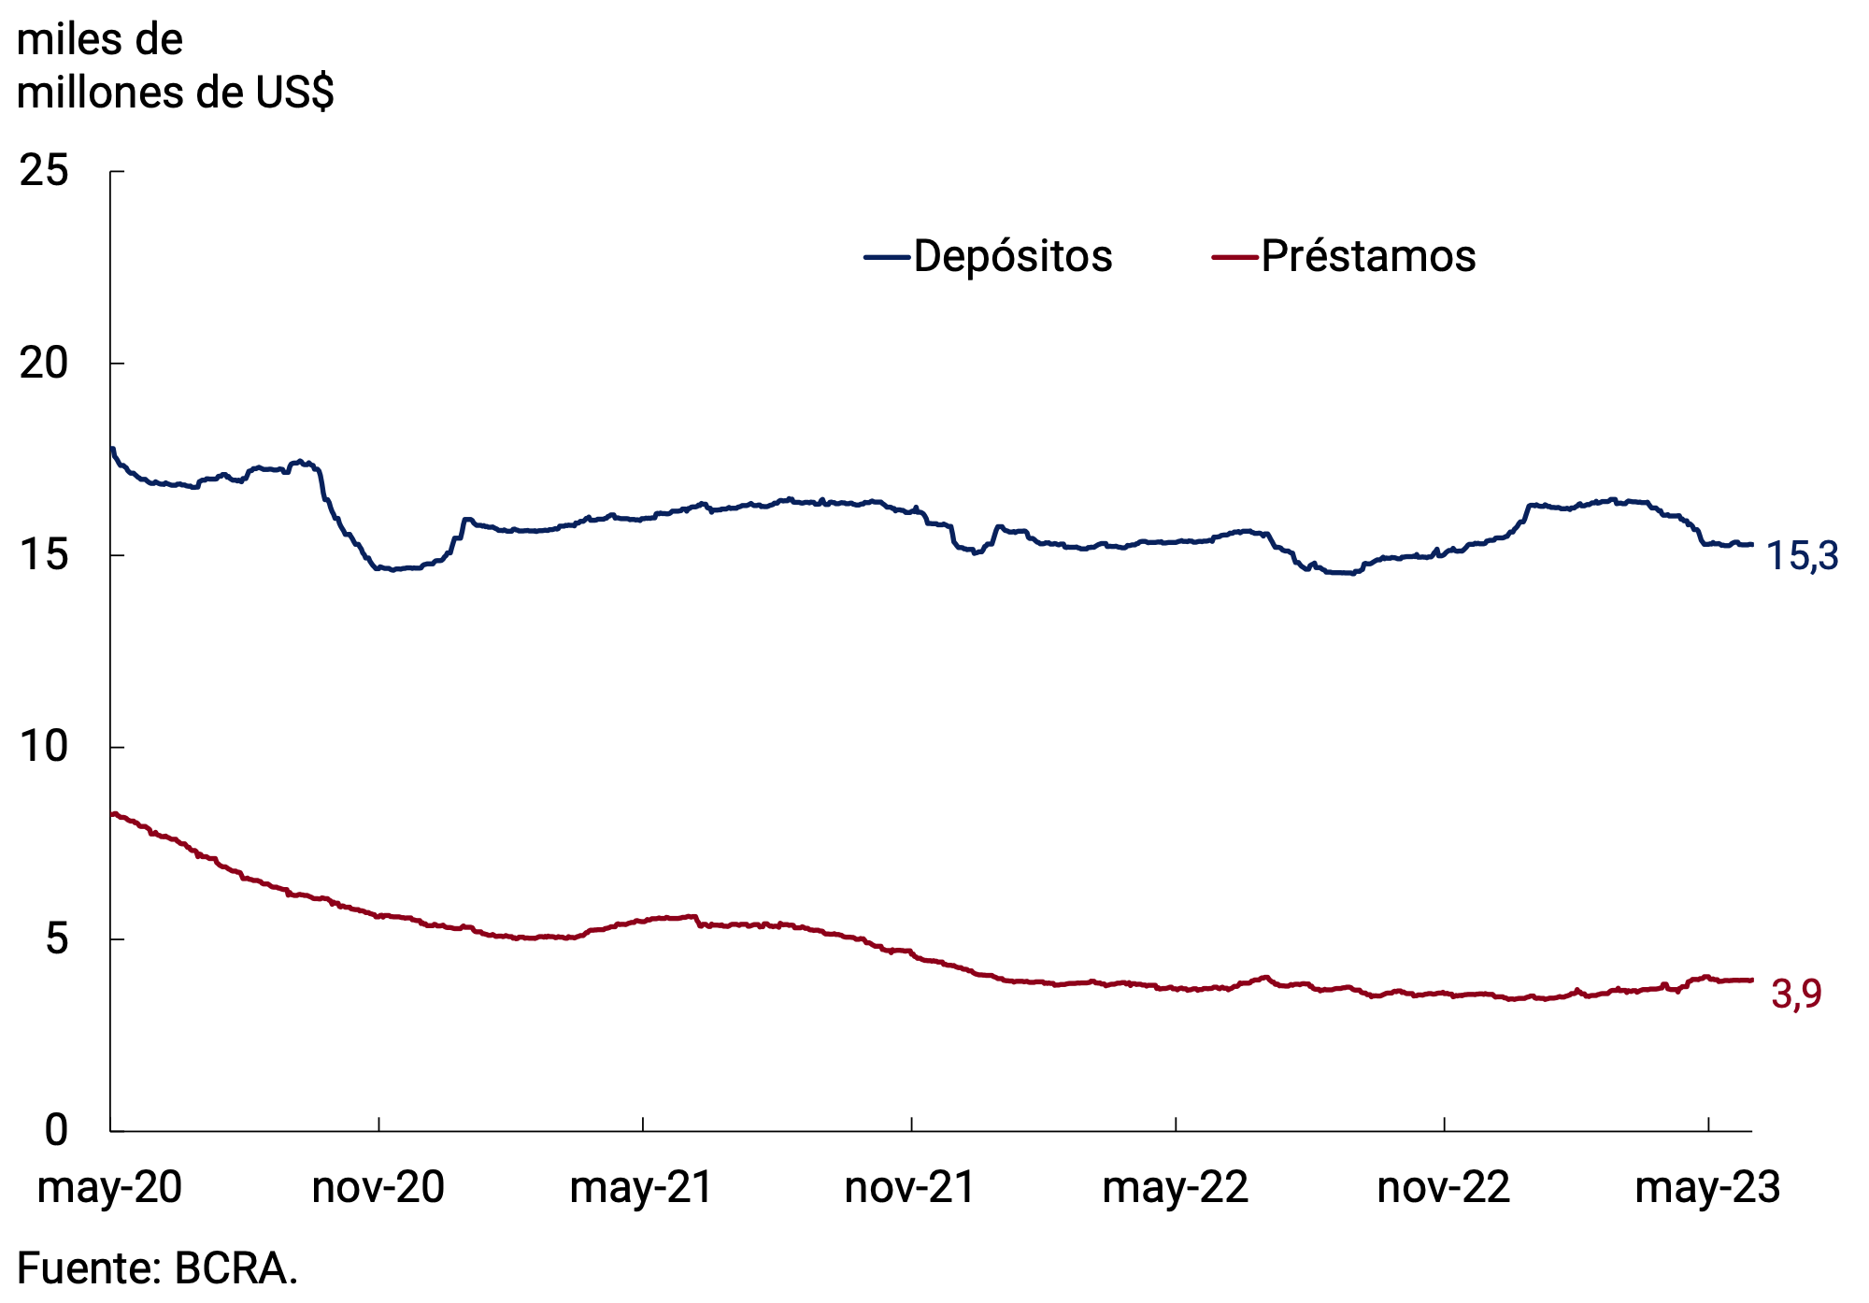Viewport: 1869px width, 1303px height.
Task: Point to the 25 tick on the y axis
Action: point(44,171)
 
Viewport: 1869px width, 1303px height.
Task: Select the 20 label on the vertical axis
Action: point(44,363)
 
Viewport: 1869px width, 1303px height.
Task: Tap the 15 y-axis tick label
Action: point(44,555)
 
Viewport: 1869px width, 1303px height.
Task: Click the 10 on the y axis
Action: point(44,747)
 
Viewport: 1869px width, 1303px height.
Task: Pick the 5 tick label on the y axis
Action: point(57,938)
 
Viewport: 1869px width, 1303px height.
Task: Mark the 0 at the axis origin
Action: point(57,1131)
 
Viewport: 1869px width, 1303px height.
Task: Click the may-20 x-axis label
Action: point(109,1188)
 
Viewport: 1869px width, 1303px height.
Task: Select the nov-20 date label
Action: point(378,1188)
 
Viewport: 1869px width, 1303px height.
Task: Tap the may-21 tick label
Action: point(642,1188)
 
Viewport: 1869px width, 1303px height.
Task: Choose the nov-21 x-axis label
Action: point(910,1188)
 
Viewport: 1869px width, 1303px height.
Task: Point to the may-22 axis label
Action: point(1175,1188)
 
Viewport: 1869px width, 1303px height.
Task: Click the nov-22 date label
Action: point(1444,1188)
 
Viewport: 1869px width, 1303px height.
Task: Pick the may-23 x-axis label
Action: point(1707,1188)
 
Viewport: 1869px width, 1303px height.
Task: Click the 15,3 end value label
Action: point(1802,557)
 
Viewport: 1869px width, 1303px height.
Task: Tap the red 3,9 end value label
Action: point(1796,995)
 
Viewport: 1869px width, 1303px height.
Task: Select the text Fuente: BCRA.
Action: point(157,1269)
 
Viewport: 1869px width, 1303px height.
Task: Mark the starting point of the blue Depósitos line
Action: point(112,449)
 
